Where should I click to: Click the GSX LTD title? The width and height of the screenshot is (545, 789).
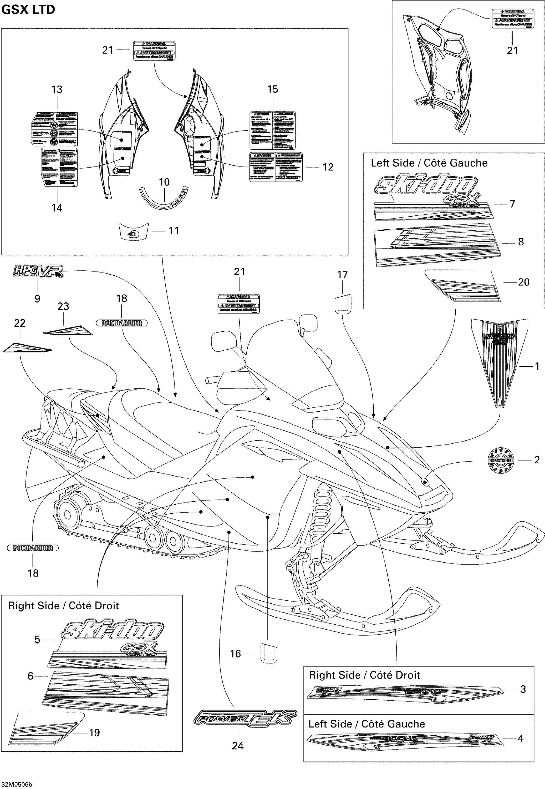28,9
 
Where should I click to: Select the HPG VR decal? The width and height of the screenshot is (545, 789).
38,271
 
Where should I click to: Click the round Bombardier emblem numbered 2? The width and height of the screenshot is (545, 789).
501,461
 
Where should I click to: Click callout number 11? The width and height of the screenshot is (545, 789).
174,231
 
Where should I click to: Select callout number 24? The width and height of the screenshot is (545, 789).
238,745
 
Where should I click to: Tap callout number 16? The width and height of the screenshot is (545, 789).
235,654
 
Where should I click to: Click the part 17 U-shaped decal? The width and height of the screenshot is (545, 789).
343,303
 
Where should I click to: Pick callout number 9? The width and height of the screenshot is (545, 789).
38,299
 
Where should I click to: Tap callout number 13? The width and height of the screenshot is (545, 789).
57,89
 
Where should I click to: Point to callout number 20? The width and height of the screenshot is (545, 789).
523,282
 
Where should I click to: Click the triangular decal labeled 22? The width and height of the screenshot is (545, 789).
27,347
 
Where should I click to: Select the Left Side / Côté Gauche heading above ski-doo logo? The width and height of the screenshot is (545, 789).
429,163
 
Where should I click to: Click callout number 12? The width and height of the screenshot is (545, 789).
328,167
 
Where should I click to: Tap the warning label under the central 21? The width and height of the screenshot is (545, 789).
239,304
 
